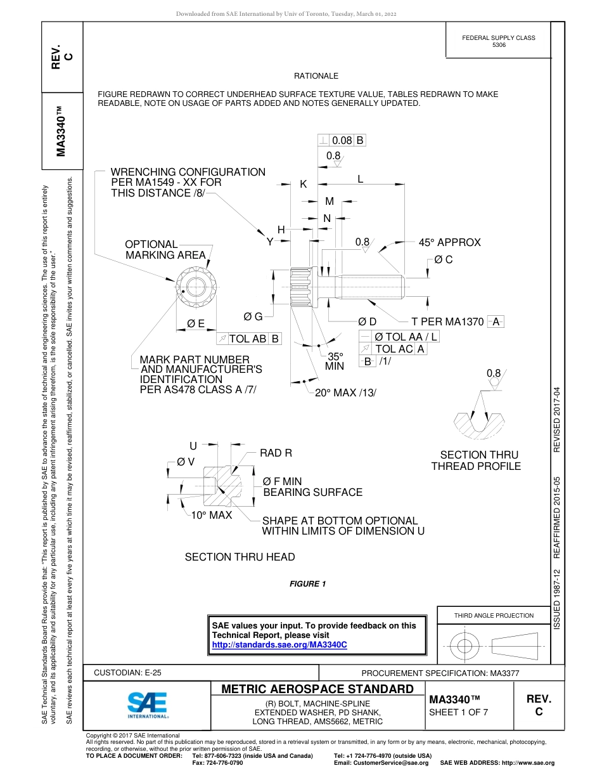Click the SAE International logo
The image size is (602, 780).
coord(148,704)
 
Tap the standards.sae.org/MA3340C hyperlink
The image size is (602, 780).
coord(279,644)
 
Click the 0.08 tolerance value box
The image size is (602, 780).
coord(342,141)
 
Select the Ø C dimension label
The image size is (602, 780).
coord(443,260)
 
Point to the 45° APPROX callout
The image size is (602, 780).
coord(449,242)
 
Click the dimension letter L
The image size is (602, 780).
coord(360,179)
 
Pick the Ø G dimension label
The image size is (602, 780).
coord(253,316)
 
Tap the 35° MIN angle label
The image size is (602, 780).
coord(335,361)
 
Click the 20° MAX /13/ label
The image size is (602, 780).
coord(346,393)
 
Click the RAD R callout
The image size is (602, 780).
coord(276,453)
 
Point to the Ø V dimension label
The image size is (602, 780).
coord(186,462)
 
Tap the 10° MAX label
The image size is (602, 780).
coord(212,515)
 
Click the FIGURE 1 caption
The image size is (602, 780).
coord(307,584)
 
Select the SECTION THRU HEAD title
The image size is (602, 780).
coord(240,557)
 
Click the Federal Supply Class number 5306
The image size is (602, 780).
coord(499,46)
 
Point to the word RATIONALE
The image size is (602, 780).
coord(316,75)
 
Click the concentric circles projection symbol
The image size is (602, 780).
coord(465,646)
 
